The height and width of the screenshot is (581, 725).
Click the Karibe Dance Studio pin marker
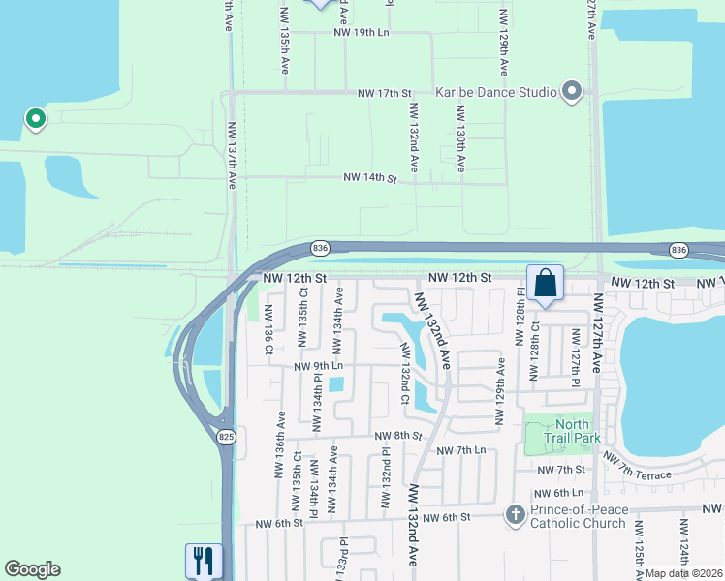coord(571,92)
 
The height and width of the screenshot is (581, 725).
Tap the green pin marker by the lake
coord(36,119)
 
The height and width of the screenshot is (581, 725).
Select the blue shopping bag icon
coord(546,283)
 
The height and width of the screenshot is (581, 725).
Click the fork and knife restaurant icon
coord(203,560)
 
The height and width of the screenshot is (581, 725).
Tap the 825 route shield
coord(226,438)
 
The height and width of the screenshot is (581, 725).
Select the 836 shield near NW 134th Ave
coord(321,249)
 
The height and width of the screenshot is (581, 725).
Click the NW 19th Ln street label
coord(361,32)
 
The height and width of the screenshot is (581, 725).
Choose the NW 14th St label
coord(370,179)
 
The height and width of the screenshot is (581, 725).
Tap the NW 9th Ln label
coord(319,366)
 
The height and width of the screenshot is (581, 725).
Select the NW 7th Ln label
coord(460,451)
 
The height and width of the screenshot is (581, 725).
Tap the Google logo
coord(32,569)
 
